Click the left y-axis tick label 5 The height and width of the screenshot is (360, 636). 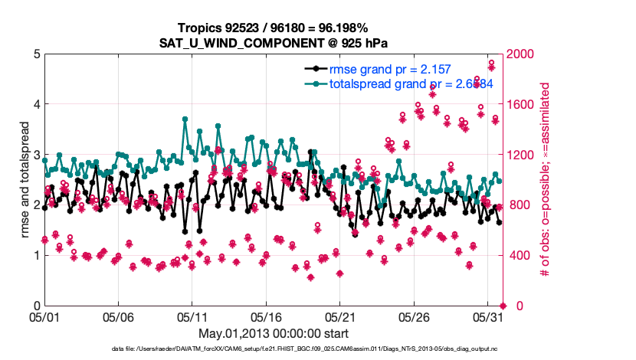[x=35, y=54]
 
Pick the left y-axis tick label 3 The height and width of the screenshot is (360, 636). [x=35, y=155]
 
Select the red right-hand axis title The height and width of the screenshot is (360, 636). [x=546, y=180]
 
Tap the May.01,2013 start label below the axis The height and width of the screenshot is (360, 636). [x=273, y=333]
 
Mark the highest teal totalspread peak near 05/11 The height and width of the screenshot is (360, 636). [x=185, y=119]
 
